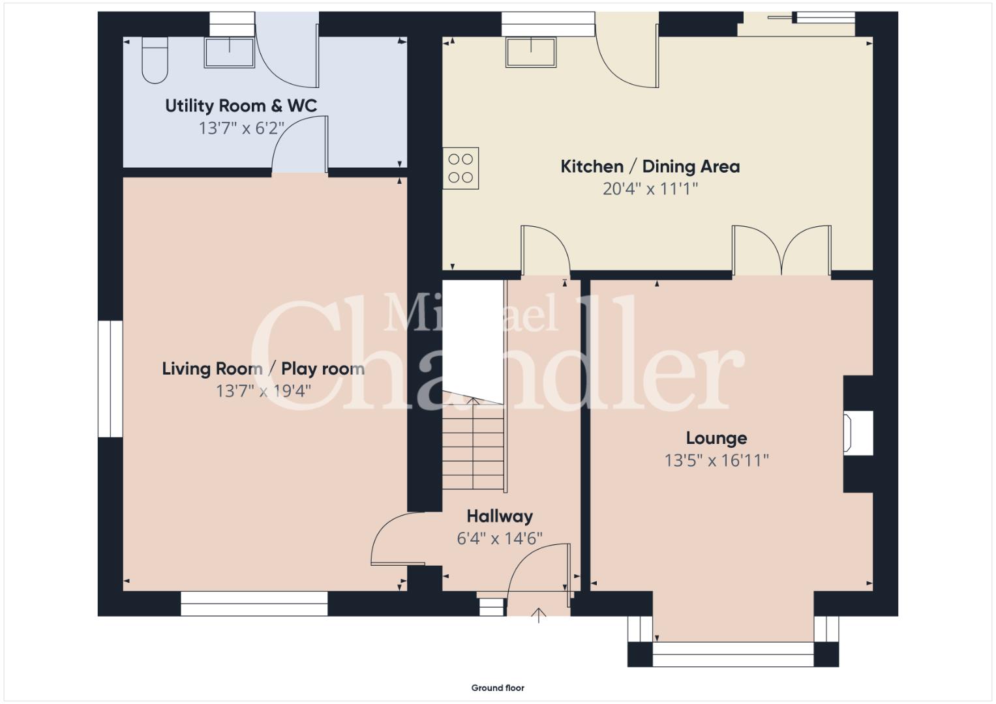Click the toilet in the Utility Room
155,60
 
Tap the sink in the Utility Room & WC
230,52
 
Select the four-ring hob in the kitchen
460,168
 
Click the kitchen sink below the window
531,52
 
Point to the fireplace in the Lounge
858,433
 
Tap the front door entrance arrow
539,615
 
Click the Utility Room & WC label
241,106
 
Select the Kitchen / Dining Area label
650,167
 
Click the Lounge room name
716,438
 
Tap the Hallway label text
500,516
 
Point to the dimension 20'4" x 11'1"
650,189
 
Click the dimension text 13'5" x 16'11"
716,460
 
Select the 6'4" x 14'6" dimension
500,538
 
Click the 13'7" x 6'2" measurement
241,128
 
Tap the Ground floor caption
498,688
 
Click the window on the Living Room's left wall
110,379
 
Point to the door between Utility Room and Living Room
300,145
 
